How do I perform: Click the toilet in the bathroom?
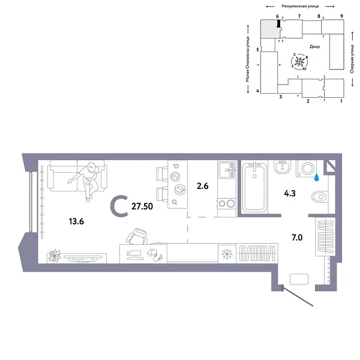pyautogui.click(x=320, y=196)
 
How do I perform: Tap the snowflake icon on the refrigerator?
pyautogui.click(x=227, y=253)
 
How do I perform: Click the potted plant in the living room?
pyautogui.click(x=55, y=255)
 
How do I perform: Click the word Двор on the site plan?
pyautogui.click(x=314, y=46)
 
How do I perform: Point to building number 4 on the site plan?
pyautogui.click(x=257, y=91)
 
